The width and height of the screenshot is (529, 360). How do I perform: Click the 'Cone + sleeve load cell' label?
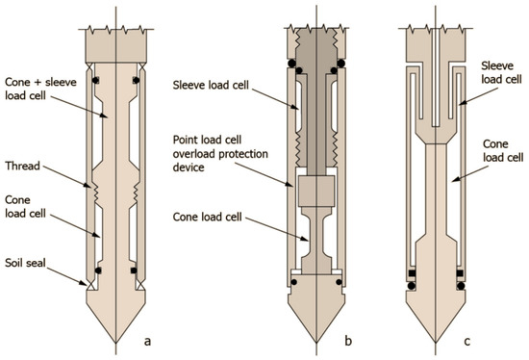pyautogui.click(x=40, y=89)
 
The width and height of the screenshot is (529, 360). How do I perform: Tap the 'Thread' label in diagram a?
pyautogui.click(x=23, y=166)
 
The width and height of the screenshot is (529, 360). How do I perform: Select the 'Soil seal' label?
pyautogui.click(x=25, y=263)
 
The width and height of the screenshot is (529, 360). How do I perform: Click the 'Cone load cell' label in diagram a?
pyautogui.click(x=25, y=207)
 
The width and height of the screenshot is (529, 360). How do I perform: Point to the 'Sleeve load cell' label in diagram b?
pyautogui.click(x=211, y=85)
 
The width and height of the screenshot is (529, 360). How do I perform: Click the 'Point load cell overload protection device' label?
pyautogui.click(x=220, y=154)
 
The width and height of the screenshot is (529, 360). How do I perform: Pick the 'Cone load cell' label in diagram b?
pyautogui.click(x=207, y=217)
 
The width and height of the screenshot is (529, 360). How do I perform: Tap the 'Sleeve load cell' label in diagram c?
pyautogui.click(x=501, y=72)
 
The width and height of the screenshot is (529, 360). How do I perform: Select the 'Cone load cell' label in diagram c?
pyautogui.click(x=503, y=150)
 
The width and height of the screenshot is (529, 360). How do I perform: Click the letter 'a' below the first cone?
pyautogui.click(x=147, y=342)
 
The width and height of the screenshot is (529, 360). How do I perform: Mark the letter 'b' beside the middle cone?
pyautogui.click(x=348, y=341)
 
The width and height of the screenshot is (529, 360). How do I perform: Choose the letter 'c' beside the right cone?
pyautogui.click(x=466, y=342)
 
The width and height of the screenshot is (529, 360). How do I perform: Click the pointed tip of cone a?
pyautogui.click(x=115, y=343)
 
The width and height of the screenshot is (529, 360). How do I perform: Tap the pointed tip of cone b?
pyautogui.click(x=316, y=343)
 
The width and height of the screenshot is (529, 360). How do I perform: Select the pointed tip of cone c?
pyautogui.click(x=436, y=343)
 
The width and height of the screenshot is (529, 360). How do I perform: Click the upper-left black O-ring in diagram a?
pyautogui.click(x=96, y=81)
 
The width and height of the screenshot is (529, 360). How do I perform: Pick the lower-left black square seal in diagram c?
pyautogui.click(x=412, y=272)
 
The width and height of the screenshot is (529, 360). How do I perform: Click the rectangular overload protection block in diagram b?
pyautogui.click(x=316, y=191)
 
